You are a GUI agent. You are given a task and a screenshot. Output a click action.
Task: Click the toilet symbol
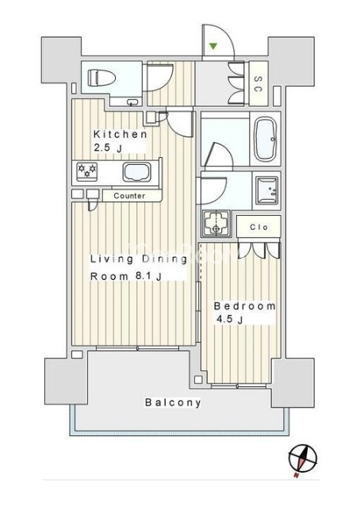click(x=101, y=78)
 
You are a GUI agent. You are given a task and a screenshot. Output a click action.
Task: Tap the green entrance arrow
click(x=213, y=46)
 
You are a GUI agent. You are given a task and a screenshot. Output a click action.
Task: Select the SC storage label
click(x=258, y=83)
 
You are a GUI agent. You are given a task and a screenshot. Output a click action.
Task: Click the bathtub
click(x=265, y=139)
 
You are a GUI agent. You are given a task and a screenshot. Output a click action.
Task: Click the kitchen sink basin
click(x=136, y=172)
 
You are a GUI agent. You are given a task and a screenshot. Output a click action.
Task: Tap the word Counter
click(x=129, y=196)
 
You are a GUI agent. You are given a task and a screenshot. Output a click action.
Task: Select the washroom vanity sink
click(x=266, y=190)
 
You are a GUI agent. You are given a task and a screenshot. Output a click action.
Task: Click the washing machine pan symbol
click(x=216, y=224)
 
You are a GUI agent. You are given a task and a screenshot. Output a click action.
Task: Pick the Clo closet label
click(x=259, y=227)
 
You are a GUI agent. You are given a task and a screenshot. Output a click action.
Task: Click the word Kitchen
click(x=120, y=134)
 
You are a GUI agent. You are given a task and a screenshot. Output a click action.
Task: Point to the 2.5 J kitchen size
click(x=108, y=148)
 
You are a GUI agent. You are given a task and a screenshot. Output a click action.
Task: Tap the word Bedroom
click(x=245, y=306)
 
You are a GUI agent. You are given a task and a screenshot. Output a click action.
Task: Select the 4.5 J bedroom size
click(x=229, y=320)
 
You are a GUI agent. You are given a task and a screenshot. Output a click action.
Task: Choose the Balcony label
click(x=173, y=402)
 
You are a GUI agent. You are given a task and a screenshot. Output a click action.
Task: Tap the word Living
click(x=112, y=259)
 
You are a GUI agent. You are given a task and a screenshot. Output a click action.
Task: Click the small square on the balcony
click(x=199, y=380)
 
